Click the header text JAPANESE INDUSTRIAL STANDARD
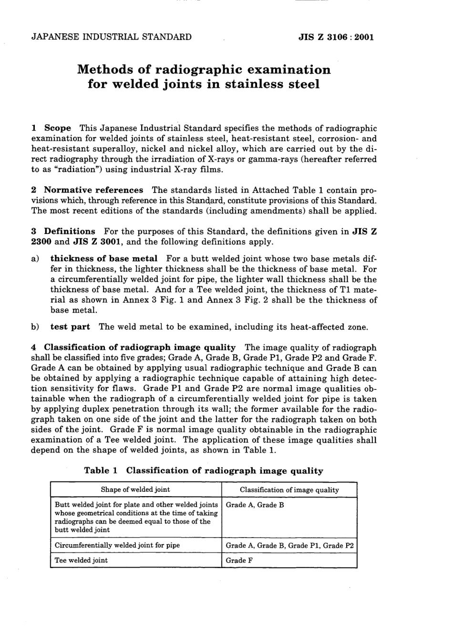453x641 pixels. click(x=111, y=37)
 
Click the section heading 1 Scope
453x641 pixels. click(x=51, y=128)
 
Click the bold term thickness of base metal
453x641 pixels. click(x=103, y=258)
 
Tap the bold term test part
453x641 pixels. click(x=70, y=326)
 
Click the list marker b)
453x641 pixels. click(x=35, y=326)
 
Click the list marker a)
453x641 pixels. click(x=35, y=258)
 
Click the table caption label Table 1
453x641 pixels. click(x=101, y=470)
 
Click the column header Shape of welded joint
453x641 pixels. click(x=135, y=489)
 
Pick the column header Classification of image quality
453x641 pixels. click(x=289, y=489)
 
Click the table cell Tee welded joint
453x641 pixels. click(x=81, y=560)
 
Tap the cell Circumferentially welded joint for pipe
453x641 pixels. click(x=117, y=545)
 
